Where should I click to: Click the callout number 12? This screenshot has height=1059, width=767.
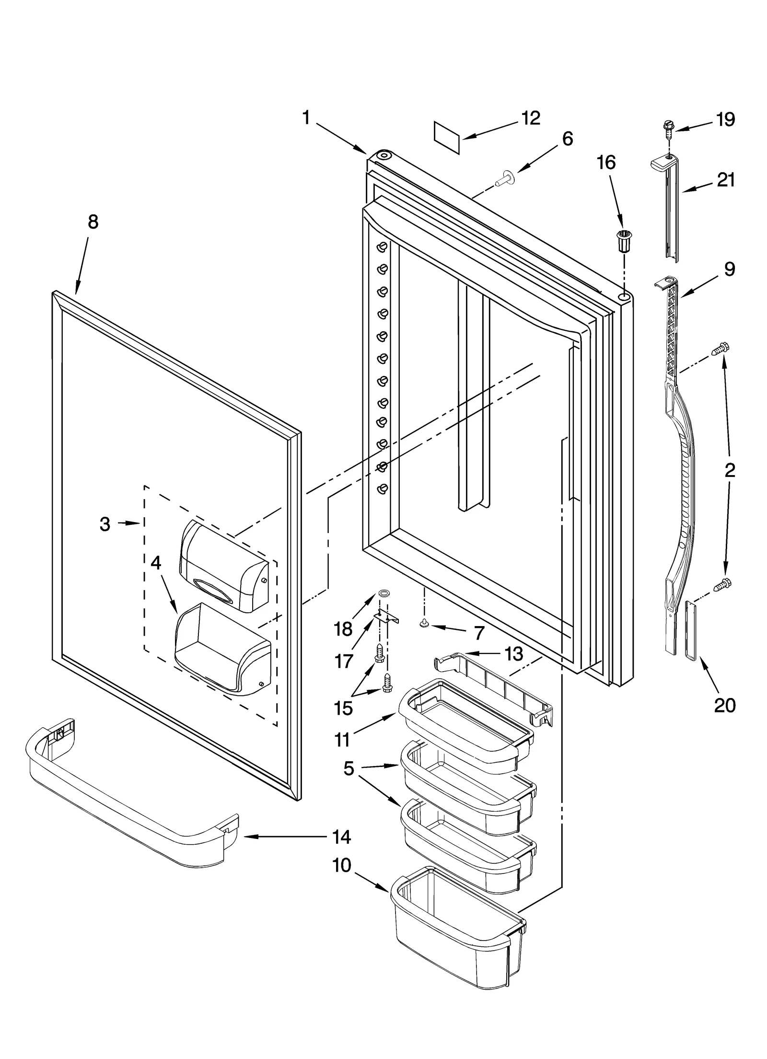click(x=531, y=118)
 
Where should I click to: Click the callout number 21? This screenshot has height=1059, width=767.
click(x=725, y=180)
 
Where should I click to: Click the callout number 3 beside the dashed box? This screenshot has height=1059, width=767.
click(x=105, y=524)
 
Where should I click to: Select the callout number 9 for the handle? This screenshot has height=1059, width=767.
click(x=729, y=269)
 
